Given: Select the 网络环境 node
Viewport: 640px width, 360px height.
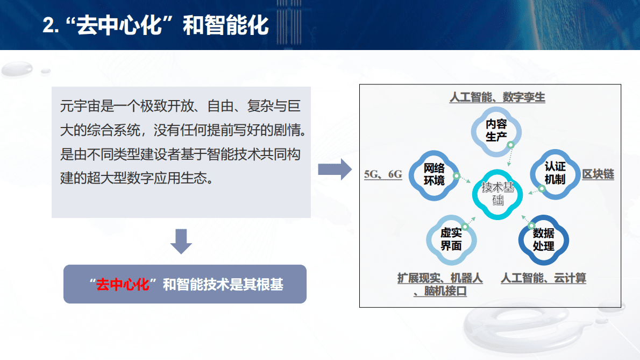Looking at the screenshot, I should point(434,174).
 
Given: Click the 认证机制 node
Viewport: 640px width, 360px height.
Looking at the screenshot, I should point(554,174).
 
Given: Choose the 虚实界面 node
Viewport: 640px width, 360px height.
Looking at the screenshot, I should point(451,239).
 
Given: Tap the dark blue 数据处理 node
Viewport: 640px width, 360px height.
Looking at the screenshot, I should point(543,239).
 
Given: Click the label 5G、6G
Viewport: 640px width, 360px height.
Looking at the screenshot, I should point(383,174).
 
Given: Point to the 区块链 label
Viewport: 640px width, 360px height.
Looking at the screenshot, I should point(598,174).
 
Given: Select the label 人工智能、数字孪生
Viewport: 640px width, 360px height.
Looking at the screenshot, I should point(497,97).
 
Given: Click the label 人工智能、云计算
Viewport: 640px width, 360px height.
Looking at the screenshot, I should point(543,278).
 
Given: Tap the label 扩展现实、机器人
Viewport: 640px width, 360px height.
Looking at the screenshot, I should point(440,278).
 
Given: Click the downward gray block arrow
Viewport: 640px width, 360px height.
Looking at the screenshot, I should point(181,241).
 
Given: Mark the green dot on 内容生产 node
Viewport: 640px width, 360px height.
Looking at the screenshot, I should point(510,145).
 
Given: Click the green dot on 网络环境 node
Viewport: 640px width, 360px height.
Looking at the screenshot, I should point(456,176).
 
